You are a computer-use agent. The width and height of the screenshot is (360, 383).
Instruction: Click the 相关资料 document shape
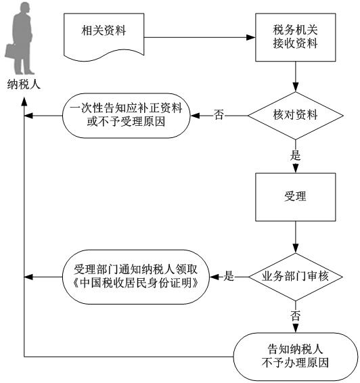tap(104, 35)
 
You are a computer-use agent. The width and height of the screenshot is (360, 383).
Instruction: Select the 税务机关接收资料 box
tap(296, 37)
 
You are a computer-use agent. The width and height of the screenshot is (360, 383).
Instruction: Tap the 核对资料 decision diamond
tap(296, 116)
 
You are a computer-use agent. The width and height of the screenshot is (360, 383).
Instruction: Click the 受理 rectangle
tap(296, 197)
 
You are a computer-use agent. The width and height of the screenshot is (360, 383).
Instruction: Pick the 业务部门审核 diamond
tap(296, 277)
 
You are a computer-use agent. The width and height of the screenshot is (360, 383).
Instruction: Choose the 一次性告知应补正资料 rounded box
tap(127, 116)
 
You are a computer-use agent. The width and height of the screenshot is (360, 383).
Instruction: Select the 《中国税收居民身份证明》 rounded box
tap(136, 277)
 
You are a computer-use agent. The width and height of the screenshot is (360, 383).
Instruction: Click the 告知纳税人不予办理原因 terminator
tap(296, 357)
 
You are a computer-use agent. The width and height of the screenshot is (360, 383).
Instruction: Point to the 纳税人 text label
tap(24, 85)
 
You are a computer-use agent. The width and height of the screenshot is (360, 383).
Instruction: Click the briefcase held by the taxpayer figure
tap(10, 51)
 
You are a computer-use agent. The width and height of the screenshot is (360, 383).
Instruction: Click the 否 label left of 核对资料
tap(219, 114)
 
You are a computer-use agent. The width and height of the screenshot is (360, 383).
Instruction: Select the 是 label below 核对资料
tap(295, 155)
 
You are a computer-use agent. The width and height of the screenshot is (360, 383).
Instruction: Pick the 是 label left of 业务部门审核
tap(229, 276)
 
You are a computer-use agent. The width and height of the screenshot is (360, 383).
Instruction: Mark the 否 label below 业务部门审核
tap(295, 315)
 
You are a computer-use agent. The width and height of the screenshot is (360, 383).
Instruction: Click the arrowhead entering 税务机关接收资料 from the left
tap(251, 37)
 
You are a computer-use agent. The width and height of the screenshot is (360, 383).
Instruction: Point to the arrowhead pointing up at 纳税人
tap(24, 102)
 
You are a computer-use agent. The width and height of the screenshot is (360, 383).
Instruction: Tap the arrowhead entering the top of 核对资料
tap(296, 87)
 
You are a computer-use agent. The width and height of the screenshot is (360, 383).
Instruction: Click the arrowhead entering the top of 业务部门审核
tap(296, 248)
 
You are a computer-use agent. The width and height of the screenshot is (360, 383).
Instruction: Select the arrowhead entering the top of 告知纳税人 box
tap(296, 328)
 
